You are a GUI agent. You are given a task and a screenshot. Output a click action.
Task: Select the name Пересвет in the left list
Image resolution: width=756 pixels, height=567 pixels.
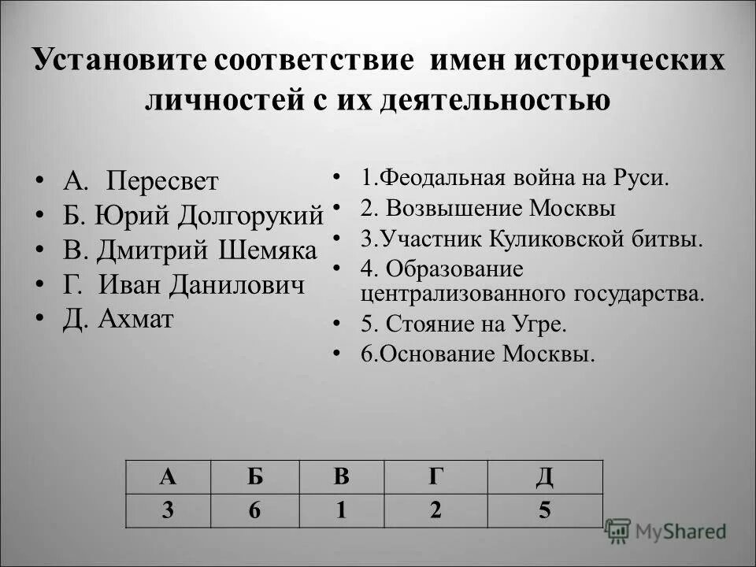pyautogui.click(x=162, y=181)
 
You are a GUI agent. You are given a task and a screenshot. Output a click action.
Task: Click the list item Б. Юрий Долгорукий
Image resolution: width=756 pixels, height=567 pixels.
pyautogui.click(x=193, y=215)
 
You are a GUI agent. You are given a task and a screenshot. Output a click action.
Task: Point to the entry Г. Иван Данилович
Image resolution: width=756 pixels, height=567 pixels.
pyautogui.click(x=183, y=284)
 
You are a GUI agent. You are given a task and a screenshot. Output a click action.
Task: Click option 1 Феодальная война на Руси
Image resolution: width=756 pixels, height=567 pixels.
pyautogui.click(x=515, y=176)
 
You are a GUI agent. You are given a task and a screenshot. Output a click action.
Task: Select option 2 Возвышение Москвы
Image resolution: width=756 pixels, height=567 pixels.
pyautogui.click(x=488, y=209)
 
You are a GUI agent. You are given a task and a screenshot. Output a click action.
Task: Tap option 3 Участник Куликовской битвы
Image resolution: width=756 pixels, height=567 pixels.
pyautogui.click(x=532, y=239)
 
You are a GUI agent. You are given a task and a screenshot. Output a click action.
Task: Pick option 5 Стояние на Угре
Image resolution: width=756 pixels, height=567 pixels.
pyautogui.click(x=464, y=324)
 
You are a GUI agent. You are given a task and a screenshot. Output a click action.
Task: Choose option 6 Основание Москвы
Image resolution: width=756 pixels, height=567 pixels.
pyautogui.click(x=478, y=354)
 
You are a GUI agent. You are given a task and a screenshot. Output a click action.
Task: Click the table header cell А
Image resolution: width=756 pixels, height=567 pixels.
pyautogui.click(x=168, y=477)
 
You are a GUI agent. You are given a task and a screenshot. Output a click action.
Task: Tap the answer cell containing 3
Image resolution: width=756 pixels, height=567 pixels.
pyautogui.click(x=168, y=510)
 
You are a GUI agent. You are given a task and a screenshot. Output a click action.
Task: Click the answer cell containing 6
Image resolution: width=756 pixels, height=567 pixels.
pyautogui.click(x=254, y=510)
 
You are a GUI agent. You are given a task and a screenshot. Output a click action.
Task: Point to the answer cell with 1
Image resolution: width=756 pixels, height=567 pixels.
pyautogui.click(x=340, y=510)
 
